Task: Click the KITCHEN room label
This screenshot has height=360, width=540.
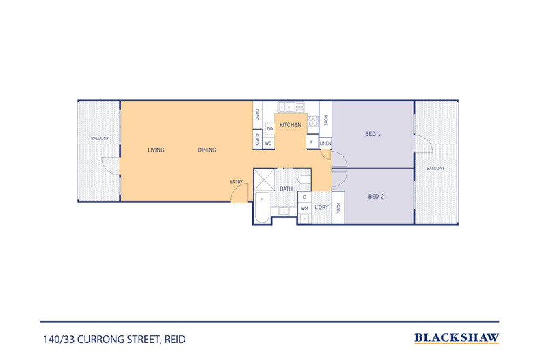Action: click(x=290, y=125)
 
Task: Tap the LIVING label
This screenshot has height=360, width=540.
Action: click(x=156, y=150)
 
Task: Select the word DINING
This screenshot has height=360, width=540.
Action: click(x=207, y=150)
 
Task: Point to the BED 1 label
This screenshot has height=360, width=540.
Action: click(x=373, y=134)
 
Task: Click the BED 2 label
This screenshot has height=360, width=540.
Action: click(x=376, y=197)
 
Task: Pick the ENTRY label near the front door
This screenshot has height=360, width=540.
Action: click(x=237, y=182)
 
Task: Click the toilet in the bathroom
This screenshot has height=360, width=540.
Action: click(x=303, y=180)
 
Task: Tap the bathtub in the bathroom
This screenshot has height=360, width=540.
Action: click(x=262, y=208)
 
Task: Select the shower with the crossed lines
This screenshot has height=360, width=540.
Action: click(x=264, y=179)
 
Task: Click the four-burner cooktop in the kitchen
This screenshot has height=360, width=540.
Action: click(x=312, y=122)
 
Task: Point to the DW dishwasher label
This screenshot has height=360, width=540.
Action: click(x=270, y=129)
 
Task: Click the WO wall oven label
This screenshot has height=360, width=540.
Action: click(x=268, y=143)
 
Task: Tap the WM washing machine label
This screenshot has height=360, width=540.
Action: click(x=304, y=208)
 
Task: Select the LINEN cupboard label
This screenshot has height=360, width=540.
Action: click(x=325, y=143)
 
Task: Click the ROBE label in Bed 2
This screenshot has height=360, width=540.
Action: click(x=338, y=208)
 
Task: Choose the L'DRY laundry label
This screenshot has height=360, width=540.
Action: click(x=321, y=207)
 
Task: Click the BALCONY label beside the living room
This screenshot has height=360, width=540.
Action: click(x=100, y=139)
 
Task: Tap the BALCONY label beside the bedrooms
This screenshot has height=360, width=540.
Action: click(x=435, y=168)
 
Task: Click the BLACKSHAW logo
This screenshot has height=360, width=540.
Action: click(x=457, y=338)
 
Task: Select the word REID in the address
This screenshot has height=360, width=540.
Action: click(x=175, y=340)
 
